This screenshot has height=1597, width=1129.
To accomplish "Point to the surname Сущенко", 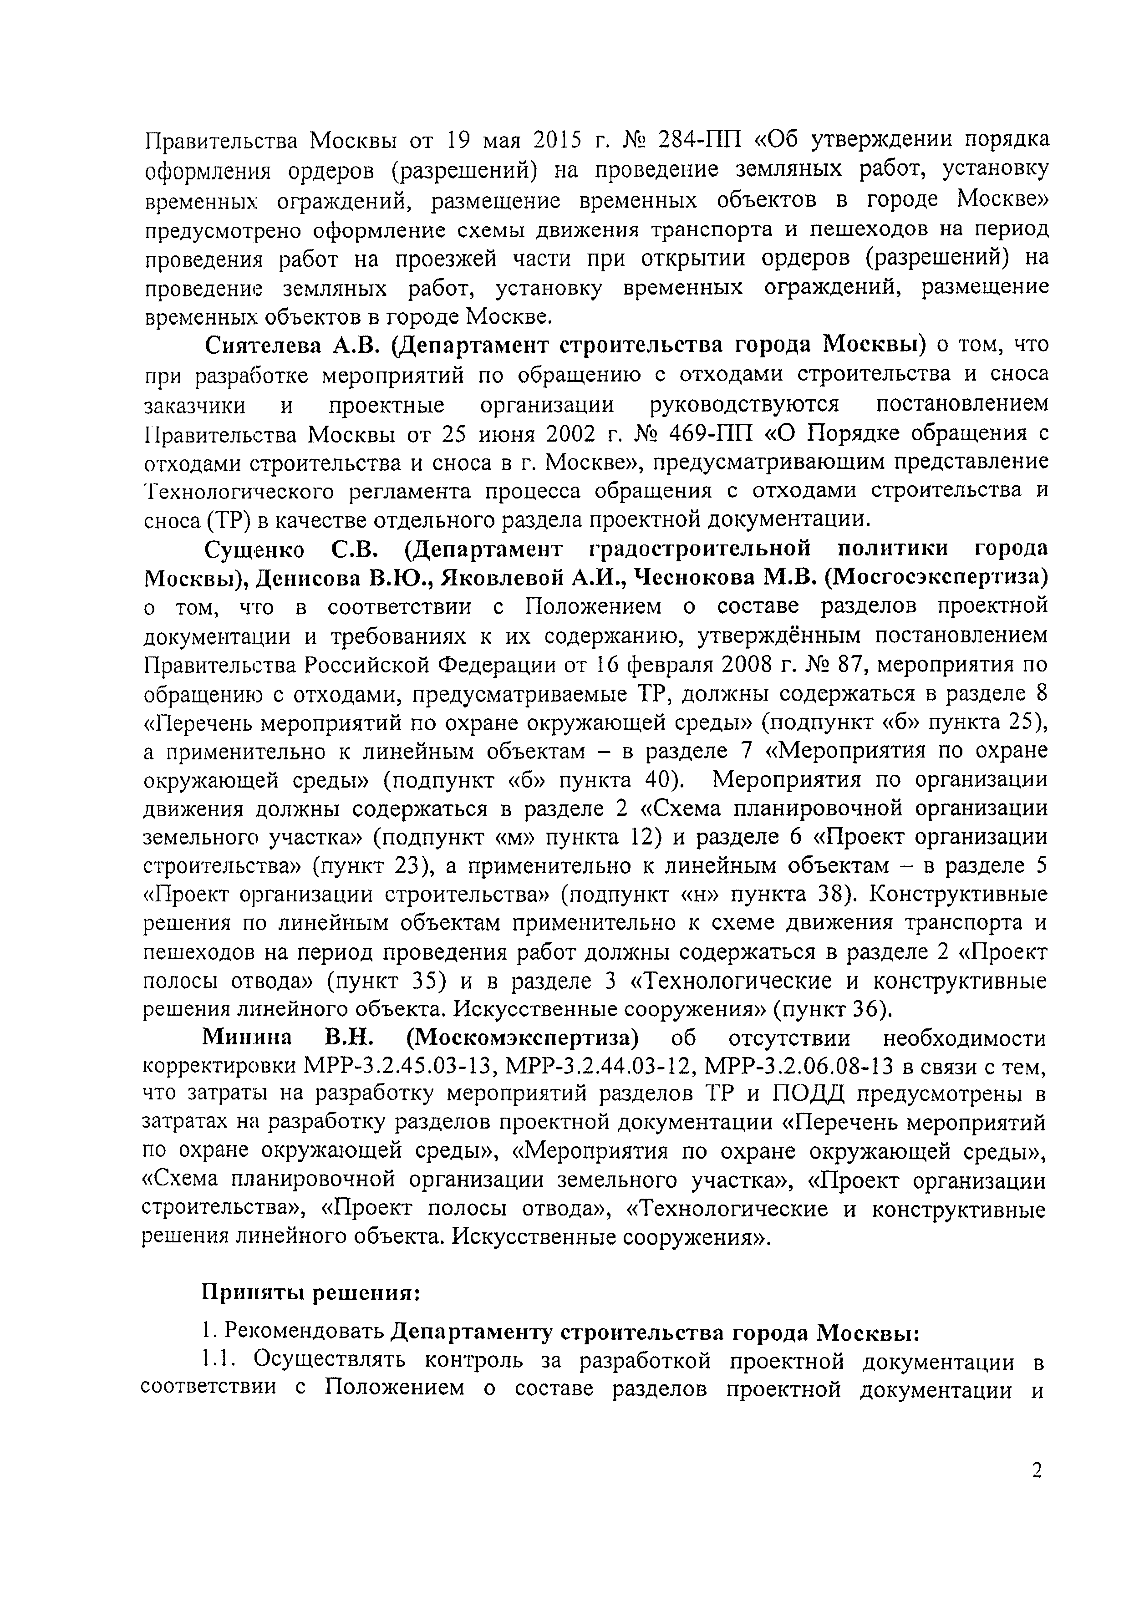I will tap(254, 549).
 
